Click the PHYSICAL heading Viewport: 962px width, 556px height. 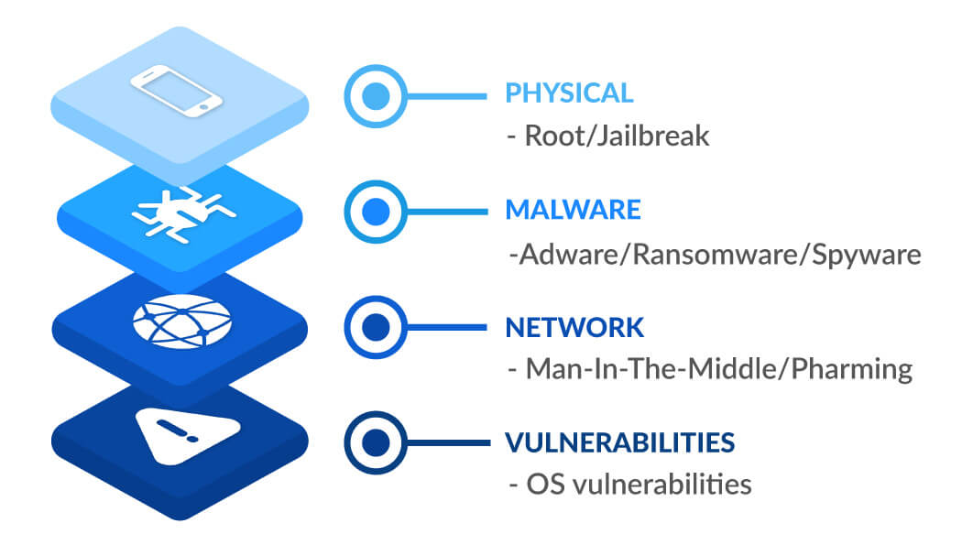[x=569, y=93]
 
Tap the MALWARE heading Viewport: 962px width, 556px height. [x=573, y=210]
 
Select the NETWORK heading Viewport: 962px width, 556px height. [x=574, y=328]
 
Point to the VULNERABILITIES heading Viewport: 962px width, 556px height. [x=619, y=442]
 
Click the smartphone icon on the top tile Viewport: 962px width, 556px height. [x=177, y=90]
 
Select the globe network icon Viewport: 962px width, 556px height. [x=182, y=322]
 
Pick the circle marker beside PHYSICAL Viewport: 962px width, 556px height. [x=376, y=96]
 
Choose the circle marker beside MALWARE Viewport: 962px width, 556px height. [x=376, y=212]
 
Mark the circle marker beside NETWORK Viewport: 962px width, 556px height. [x=376, y=327]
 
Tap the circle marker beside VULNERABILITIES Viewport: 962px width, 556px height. [x=376, y=442]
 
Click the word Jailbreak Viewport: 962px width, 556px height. [x=652, y=136]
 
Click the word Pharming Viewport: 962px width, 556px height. [x=851, y=370]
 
